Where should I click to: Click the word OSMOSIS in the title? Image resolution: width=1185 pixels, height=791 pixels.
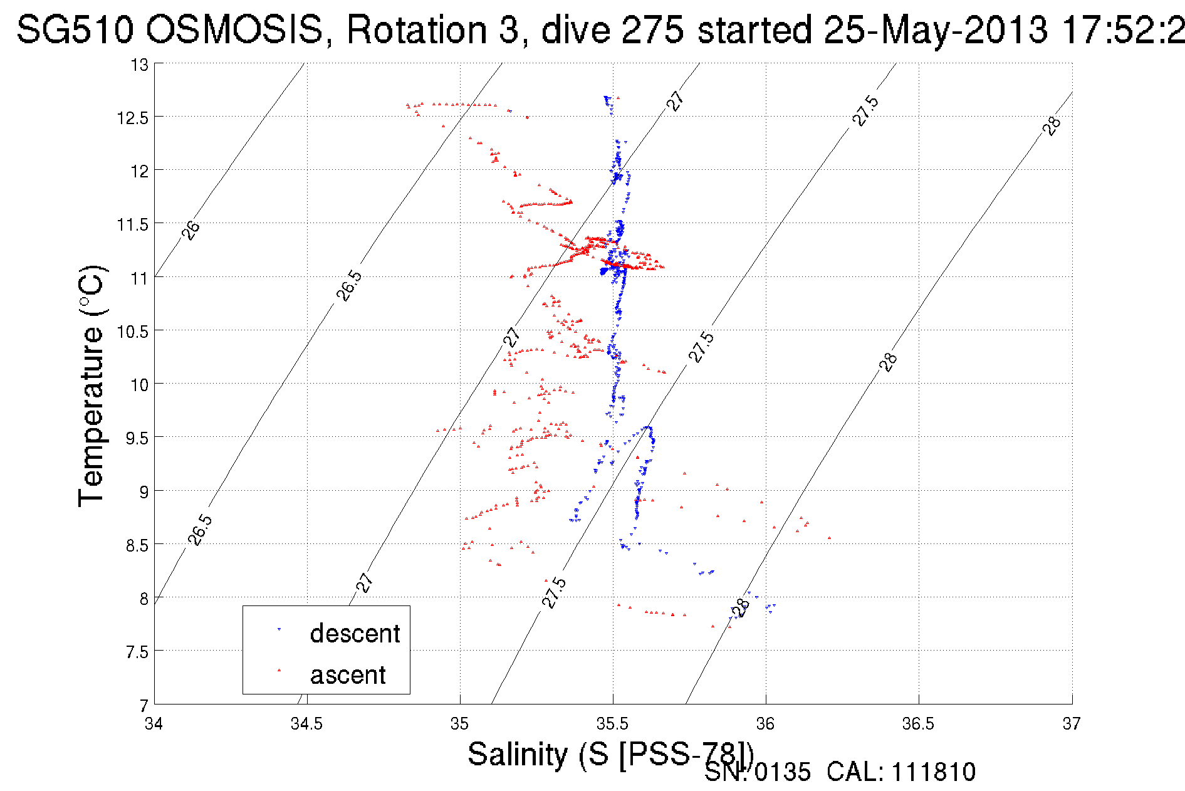pos(235,29)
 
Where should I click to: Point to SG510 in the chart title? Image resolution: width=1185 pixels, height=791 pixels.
pos(75,29)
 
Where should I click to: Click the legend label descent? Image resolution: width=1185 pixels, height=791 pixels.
pos(355,634)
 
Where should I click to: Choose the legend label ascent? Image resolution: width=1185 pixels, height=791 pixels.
pos(348,675)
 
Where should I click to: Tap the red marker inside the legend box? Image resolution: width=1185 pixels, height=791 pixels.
pos(279,670)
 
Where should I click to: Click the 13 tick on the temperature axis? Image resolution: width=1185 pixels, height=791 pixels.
pos(140,65)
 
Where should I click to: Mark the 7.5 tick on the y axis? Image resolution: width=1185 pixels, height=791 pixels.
pos(137,652)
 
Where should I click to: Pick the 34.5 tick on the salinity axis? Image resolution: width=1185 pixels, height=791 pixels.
pos(306,724)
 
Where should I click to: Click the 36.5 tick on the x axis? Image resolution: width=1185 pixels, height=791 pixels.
pos(918,724)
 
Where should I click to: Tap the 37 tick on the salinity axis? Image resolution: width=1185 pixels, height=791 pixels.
pos(1072,724)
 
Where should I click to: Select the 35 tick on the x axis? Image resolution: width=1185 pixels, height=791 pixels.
pos(460,724)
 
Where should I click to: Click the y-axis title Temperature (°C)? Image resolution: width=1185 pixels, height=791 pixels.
pos(91,385)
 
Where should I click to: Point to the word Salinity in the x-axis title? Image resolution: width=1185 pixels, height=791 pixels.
pos(518,754)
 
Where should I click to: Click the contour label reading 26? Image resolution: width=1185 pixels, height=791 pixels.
pos(191,230)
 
